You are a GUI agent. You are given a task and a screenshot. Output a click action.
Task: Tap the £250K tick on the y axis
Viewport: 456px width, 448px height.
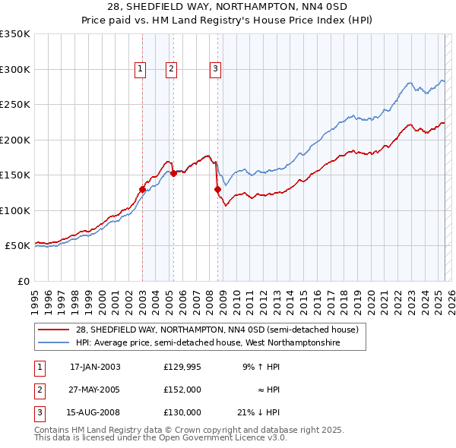point(15,104)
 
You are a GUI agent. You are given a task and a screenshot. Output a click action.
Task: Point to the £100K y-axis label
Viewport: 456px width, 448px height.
point(15,210)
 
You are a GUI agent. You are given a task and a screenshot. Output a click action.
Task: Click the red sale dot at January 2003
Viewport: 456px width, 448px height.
point(142,189)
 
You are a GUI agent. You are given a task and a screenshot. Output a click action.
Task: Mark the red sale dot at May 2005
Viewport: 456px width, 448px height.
point(173,173)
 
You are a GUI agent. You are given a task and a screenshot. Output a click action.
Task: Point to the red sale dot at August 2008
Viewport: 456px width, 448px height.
point(217,189)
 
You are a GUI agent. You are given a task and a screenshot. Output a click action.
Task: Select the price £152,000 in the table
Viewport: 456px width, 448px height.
point(182,390)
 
